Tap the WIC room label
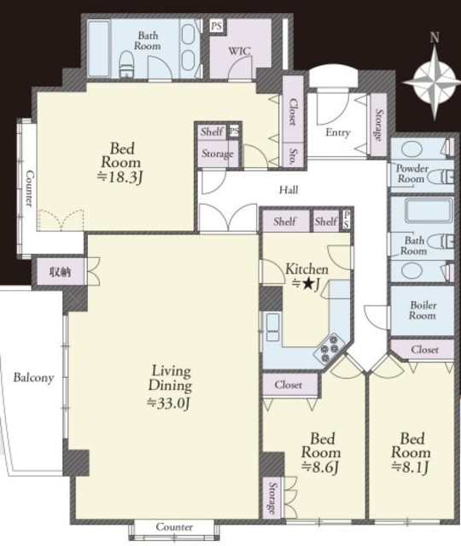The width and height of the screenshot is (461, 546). pyautogui.click(x=239, y=51)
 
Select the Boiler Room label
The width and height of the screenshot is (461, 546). pyautogui.click(x=423, y=311)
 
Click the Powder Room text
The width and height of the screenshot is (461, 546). pyautogui.click(x=411, y=173)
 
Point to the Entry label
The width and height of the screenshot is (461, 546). pyautogui.click(x=338, y=132)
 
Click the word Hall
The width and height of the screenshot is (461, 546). pyautogui.click(x=289, y=189)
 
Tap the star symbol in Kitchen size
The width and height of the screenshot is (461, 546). pyautogui.click(x=307, y=284)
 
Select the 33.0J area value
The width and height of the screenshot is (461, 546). pyautogui.click(x=169, y=403)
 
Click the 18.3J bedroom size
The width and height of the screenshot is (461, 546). pyautogui.click(x=120, y=177)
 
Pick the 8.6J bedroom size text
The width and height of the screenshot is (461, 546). pyautogui.click(x=321, y=467)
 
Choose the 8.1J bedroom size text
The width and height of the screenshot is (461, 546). pyautogui.click(x=411, y=467)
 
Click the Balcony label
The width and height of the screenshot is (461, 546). pyautogui.click(x=33, y=378)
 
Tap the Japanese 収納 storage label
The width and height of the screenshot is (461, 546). pyautogui.click(x=61, y=271)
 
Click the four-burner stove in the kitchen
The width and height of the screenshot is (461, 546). pyautogui.click(x=330, y=348)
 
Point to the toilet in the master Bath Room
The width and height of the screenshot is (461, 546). pyautogui.click(x=126, y=65)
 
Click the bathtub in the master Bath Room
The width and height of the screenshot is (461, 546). pyautogui.click(x=98, y=49)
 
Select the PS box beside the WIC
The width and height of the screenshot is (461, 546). pyautogui.click(x=217, y=26)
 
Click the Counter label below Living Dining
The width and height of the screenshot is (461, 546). pyautogui.click(x=174, y=527)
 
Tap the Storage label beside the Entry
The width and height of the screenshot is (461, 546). pyautogui.click(x=378, y=125)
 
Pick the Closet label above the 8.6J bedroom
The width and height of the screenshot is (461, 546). pyautogui.click(x=289, y=385)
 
